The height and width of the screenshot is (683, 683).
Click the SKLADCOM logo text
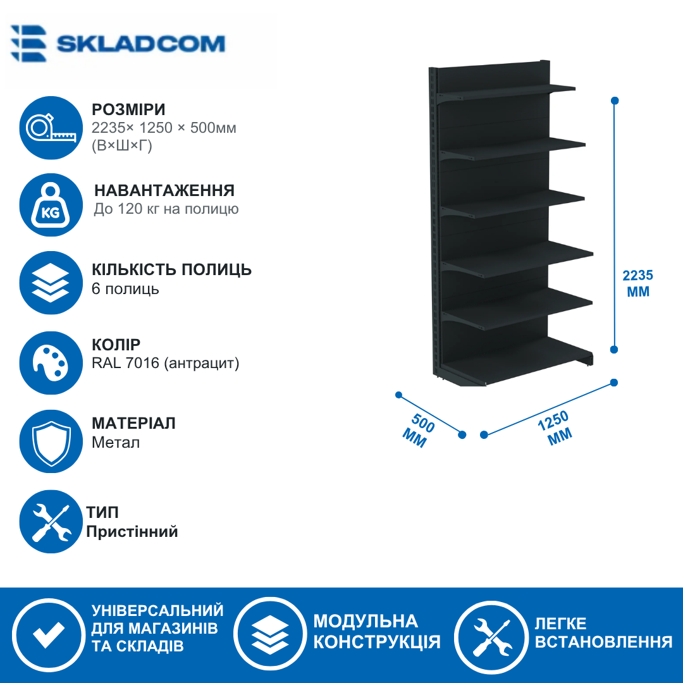click(140, 44)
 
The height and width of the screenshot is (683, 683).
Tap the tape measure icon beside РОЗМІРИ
click(51, 128)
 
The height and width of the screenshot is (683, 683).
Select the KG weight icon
click(51, 205)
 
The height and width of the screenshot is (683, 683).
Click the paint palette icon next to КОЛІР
click(51, 363)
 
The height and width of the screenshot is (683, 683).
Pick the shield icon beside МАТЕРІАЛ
click(51, 441)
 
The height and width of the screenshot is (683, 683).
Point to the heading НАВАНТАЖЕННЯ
click(164, 191)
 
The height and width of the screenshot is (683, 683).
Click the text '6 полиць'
click(125, 289)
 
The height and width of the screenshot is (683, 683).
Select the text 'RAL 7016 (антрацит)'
click(166, 363)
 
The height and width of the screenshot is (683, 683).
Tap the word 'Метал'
click(116, 443)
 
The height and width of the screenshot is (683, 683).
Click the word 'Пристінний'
click(132, 531)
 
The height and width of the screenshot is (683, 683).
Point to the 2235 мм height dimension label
click(638, 283)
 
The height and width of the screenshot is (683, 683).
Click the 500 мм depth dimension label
click(418, 431)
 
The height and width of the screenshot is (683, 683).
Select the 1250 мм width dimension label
click(555, 428)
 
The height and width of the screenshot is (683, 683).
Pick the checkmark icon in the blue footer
click(49, 635)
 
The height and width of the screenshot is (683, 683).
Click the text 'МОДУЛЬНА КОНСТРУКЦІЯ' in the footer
click(377, 632)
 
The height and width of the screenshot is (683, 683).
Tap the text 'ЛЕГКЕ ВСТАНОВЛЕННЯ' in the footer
click(603, 632)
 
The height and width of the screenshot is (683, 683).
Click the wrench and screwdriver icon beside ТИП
click(51, 521)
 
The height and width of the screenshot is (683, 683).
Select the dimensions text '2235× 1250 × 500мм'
click(164, 128)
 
